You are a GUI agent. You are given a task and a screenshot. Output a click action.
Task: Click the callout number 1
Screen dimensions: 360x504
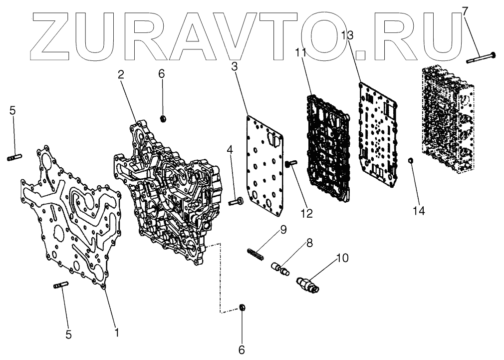[117, 331]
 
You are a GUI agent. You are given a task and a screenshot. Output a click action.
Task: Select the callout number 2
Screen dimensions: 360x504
[121, 75]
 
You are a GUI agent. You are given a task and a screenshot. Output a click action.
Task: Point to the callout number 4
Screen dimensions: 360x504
[230, 149]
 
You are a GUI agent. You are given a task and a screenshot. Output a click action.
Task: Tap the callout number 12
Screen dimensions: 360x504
[306, 213]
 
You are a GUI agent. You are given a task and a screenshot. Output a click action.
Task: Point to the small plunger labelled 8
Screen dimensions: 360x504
[281, 269]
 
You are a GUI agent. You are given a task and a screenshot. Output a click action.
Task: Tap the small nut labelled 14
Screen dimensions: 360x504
[410, 160]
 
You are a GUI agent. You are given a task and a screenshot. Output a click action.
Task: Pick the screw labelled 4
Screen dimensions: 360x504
[235, 202]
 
